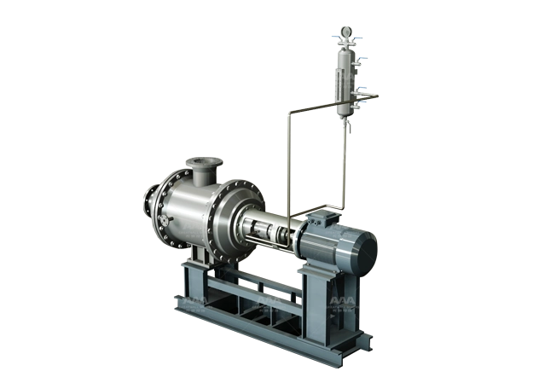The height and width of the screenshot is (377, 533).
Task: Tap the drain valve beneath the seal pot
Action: [x=347, y=128]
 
